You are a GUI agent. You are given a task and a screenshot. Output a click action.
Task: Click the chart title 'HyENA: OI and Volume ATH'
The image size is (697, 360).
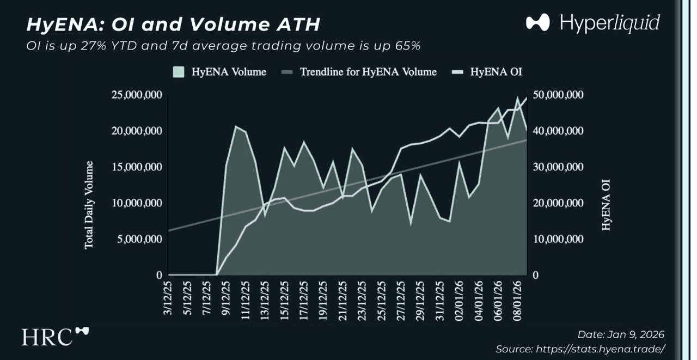[x=173, y=24]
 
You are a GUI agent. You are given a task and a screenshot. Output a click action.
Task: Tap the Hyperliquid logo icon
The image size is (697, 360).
[x=538, y=22]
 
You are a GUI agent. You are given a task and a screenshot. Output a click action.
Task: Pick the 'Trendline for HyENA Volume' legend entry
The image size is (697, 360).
[x=359, y=72]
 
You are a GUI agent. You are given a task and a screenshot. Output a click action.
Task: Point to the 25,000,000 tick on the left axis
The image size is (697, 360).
[x=137, y=95]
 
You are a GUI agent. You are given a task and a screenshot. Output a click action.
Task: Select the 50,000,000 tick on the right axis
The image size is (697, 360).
[x=558, y=95]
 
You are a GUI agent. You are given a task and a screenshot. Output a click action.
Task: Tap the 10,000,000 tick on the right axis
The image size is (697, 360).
[x=558, y=239]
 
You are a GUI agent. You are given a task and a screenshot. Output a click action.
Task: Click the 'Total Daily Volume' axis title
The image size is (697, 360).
[x=89, y=205]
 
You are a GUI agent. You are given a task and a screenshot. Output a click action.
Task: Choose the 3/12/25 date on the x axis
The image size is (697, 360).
[x=168, y=298]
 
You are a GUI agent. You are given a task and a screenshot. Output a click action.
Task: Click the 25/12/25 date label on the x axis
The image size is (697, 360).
[x=382, y=300]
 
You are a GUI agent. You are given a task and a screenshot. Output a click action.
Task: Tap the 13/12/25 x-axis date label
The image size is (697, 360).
[x=265, y=300]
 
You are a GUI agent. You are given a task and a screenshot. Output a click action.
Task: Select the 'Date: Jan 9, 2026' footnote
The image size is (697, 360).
[x=621, y=334]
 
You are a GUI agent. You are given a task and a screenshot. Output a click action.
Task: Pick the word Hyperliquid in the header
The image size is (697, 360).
[x=610, y=23]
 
